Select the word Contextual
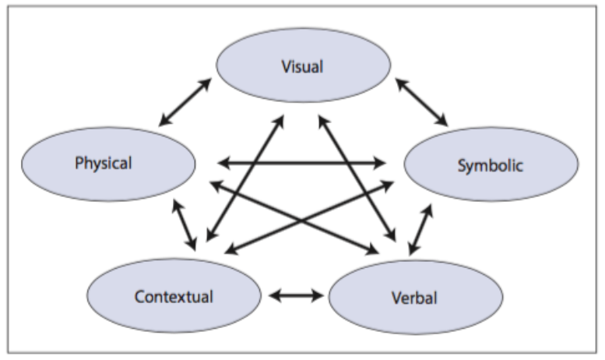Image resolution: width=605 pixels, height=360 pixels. [x=173, y=297]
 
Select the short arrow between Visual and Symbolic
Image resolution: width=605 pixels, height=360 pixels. [x=422, y=101]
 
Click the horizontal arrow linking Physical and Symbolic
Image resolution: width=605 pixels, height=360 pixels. [x=302, y=164]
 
